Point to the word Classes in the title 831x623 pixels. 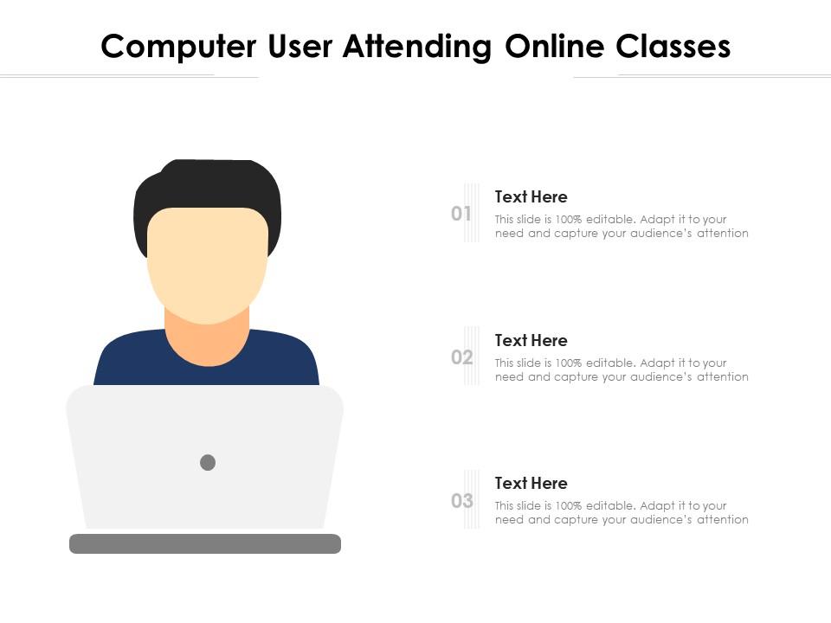(x=673, y=47)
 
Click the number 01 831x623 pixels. (x=461, y=214)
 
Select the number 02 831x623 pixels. (x=461, y=357)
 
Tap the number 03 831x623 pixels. (x=461, y=501)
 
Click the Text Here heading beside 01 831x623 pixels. (x=531, y=197)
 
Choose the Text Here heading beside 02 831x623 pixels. (x=531, y=341)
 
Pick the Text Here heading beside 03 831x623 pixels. (x=531, y=484)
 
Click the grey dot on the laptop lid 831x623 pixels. (x=208, y=463)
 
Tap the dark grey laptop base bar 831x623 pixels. (x=205, y=543)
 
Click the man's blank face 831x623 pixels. (x=207, y=260)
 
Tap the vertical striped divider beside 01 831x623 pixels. (x=472, y=213)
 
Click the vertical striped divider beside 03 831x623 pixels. (x=472, y=499)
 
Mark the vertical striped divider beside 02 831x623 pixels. (x=472, y=356)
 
